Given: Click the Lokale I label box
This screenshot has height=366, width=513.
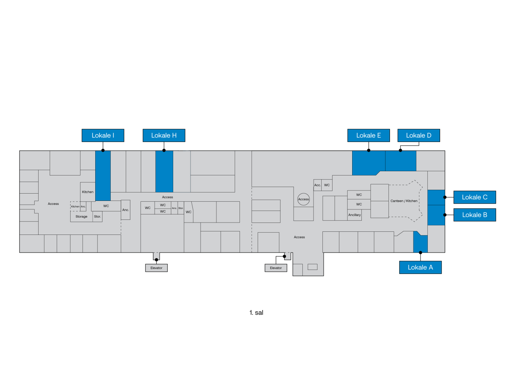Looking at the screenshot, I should (x=103, y=135).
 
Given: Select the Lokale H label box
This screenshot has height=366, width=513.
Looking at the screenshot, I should (x=164, y=135).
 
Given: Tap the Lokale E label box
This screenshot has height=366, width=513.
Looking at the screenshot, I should (x=368, y=135).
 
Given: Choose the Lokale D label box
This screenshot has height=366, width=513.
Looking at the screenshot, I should (x=418, y=135).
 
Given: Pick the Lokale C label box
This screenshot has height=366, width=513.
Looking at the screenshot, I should (x=474, y=197).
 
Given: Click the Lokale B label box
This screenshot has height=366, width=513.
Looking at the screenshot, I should (x=474, y=215).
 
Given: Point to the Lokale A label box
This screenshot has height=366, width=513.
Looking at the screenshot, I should (x=420, y=267).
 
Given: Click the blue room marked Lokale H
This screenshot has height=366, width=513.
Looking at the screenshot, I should (x=164, y=171).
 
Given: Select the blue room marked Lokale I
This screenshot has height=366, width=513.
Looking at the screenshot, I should (x=103, y=175).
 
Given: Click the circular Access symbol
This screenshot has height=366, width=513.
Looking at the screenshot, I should (x=304, y=199).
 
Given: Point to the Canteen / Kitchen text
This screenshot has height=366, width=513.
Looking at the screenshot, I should (x=404, y=201).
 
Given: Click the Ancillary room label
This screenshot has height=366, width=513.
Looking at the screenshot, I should (x=354, y=215).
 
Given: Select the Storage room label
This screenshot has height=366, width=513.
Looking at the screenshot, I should (x=81, y=217).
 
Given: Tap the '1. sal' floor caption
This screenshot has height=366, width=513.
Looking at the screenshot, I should (x=256, y=312).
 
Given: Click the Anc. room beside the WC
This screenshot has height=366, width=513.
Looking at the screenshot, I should (x=125, y=210).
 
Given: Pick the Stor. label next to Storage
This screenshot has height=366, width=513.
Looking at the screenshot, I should (x=98, y=217).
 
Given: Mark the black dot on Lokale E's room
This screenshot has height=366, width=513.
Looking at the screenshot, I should (x=369, y=150).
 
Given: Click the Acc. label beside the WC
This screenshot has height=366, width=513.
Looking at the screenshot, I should (x=317, y=185).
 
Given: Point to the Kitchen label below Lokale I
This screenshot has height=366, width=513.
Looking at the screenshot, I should (x=88, y=192).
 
